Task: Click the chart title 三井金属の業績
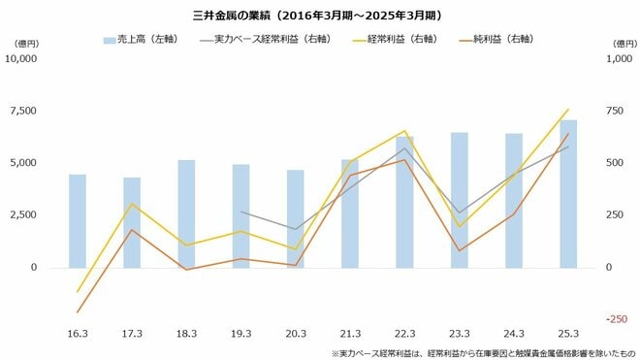pos(320,16)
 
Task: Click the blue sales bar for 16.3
pos(78,221)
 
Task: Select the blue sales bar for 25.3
pos(568,194)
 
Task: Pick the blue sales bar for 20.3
pos(296,218)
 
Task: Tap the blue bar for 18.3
pos(186,213)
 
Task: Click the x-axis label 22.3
pos(404,333)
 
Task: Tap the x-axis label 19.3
pos(241,333)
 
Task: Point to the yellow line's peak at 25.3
pos(568,110)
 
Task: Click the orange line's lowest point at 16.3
pos(78,312)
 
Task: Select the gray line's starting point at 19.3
pos(241,212)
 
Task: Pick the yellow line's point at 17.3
pos(132,204)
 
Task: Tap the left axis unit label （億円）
pos(23,44)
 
